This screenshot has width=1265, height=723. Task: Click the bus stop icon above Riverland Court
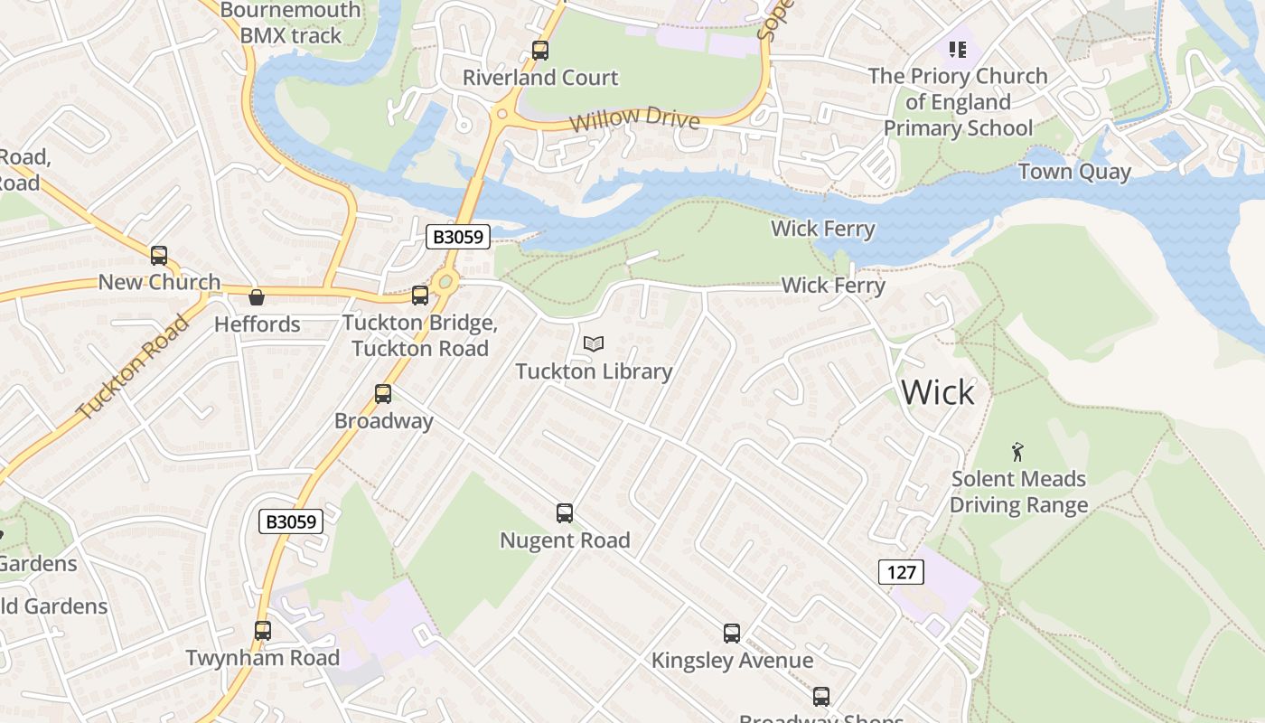coord(540,51)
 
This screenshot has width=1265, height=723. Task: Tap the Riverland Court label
coord(540,78)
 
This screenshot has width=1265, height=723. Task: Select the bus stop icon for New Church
coord(159,256)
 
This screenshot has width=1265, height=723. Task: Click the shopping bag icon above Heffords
coord(257,297)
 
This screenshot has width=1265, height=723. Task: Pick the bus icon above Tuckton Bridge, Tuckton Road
coord(420,296)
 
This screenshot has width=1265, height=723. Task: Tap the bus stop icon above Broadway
coord(383,394)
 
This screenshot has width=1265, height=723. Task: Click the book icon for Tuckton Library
coord(594,343)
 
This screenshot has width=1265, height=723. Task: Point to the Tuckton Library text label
coord(594,371)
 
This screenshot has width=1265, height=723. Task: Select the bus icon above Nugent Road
coord(565,513)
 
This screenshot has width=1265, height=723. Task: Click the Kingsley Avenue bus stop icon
coord(732,634)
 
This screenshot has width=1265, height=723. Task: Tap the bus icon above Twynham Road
coord(263,631)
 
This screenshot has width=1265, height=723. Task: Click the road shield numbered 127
coord(901,571)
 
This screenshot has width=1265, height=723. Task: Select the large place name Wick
coord(938,392)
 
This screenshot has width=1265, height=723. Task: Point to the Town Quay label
coord(1074,172)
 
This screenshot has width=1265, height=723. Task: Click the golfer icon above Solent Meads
coord(1018,451)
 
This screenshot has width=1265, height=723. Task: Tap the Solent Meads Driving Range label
coord(1018,492)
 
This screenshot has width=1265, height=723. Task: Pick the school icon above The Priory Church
coord(957,49)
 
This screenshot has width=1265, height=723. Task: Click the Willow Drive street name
coord(635,117)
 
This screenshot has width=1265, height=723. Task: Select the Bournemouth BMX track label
coord(290,23)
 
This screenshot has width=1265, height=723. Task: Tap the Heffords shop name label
coord(257,324)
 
